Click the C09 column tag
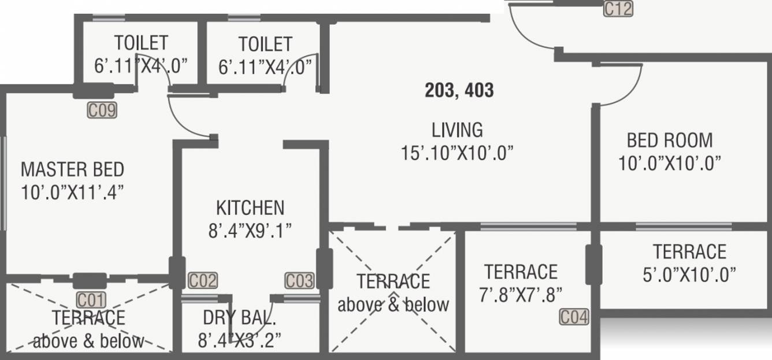pos(102,110)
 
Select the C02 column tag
pos(203,281)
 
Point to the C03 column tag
pos(299,281)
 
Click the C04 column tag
pos(574,317)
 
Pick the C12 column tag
pos(618,9)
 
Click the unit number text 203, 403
pos(459,90)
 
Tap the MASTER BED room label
pos(72,169)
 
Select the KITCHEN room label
pos(250,207)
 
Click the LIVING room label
pos(457,129)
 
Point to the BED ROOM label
pos(670,140)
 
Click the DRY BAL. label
pos(239,318)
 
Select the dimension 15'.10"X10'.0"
pos(457,153)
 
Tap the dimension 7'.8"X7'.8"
pos(521,295)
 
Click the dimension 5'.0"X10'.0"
pos(690,275)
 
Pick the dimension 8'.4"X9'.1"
pos(250,231)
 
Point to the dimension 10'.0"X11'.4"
pos(72,192)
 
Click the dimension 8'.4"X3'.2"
pos(239,341)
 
